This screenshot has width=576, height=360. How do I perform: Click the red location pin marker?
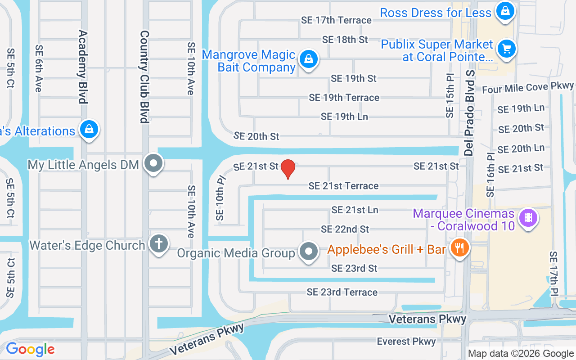click(x=288, y=169)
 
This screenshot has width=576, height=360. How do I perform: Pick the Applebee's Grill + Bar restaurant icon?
click(x=459, y=248)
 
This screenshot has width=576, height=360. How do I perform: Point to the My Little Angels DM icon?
click(x=154, y=164)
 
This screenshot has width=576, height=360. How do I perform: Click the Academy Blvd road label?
click(x=82, y=67)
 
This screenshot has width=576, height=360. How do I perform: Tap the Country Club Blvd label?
click(x=144, y=76)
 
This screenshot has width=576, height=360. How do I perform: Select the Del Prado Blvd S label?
click(x=470, y=112)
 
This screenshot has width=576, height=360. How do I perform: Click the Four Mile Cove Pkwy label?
click(x=528, y=88)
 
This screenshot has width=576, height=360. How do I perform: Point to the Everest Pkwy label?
click(x=406, y=342)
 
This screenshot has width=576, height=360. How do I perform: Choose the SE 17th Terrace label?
click(x=337, y=20)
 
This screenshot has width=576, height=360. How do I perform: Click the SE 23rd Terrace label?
click(x=342, y=292)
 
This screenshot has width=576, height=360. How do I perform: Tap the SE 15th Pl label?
click(x=450, y=96)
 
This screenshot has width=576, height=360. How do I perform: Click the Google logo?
click(x=30, y=349)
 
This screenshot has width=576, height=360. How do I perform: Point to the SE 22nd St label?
click(x=345, y=229)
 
